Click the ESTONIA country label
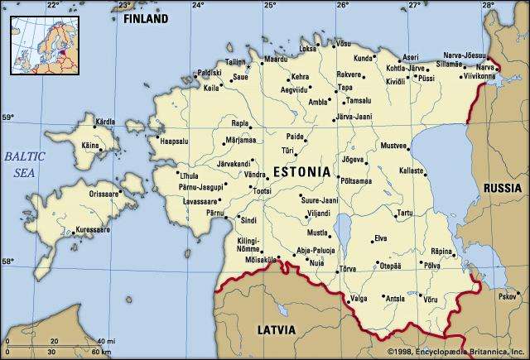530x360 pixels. [x=301, y=173]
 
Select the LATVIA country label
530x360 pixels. [x=276, y=330]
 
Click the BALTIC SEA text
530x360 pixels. [x=24, y=165]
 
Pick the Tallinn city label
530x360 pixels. [x=236, y=62]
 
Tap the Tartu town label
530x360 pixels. [x=405, y=214]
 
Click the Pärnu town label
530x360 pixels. [x=215, y=214]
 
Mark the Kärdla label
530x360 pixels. [x=106, y=122]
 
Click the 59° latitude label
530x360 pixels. [x=7, y=118]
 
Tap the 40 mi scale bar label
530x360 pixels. [x=106, y=341]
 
